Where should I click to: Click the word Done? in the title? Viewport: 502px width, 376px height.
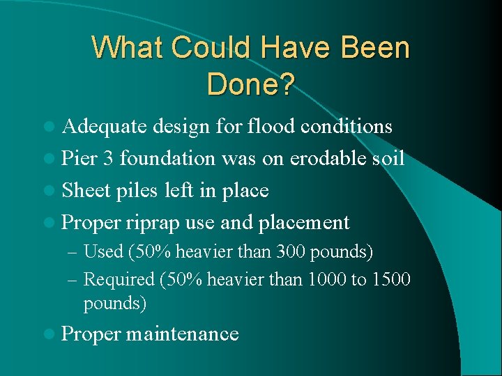[x=251, y=84]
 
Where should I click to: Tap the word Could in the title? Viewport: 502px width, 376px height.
[x=213, y=48]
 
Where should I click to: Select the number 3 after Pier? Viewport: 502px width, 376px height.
[x=107, y=159]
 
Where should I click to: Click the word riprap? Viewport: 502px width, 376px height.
[x=153, y=223]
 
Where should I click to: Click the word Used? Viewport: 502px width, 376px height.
[x=103, y=251]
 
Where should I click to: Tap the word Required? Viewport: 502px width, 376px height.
[x=119, y=279]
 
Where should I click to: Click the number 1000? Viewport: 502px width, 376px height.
[x=326, y=279]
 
